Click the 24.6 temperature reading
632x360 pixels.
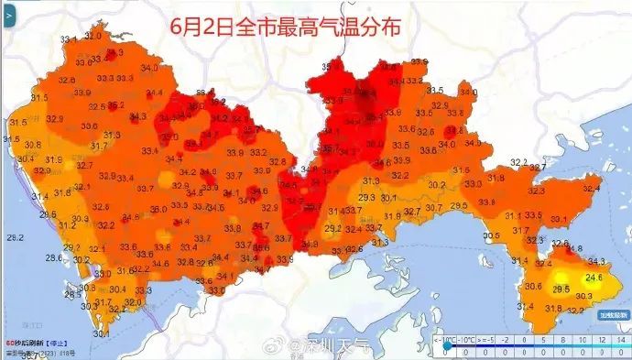tap(594, 276)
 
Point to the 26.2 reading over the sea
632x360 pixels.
tap(15, 237)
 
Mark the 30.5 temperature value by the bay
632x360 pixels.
tap(492, 235)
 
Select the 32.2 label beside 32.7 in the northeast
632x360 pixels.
tap(518, 162)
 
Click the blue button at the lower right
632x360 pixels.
tap(612, 315)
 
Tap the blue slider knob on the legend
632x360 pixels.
tap(447, 348)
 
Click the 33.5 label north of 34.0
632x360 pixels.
tap(436, 90)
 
